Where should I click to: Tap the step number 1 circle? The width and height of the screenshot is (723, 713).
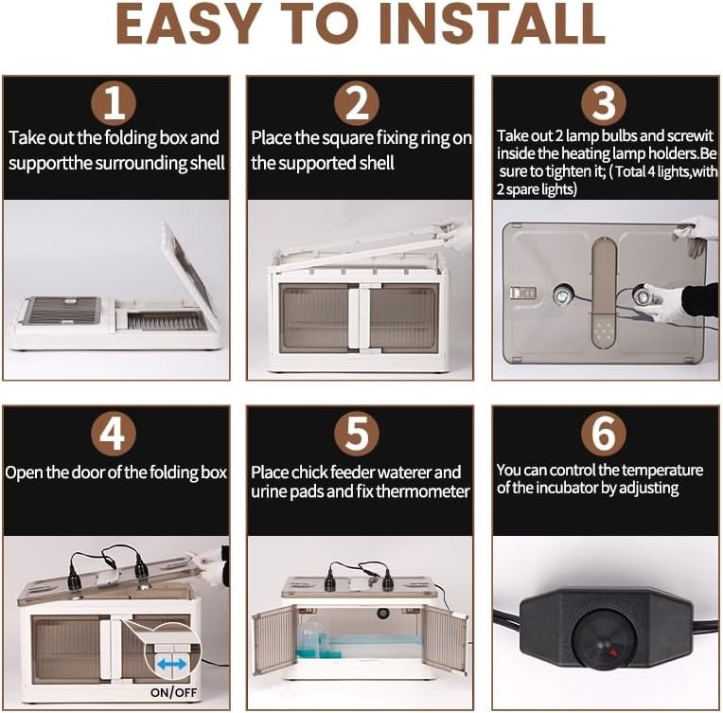[x=114, y=103]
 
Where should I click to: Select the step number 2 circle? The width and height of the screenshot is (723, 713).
[x=357, y=103]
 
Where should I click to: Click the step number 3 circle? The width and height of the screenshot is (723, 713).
[x=604, y=103]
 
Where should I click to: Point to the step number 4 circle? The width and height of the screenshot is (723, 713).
[x=114, y=434]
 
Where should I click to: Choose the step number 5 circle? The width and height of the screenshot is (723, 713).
[x=357, y=434]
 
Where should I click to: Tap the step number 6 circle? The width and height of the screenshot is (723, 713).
[x=604, y=434]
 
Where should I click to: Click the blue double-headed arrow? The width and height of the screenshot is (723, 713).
[x=171, y=665]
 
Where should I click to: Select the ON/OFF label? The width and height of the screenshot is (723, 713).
[x=173, y=692]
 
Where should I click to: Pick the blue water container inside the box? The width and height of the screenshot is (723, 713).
[x=312, y=638]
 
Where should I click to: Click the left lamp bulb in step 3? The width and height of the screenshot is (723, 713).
[x=562, y=294]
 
